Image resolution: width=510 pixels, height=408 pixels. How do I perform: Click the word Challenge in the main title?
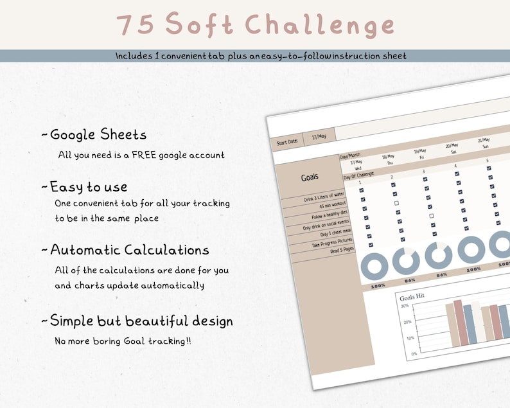click(x=320, y=25)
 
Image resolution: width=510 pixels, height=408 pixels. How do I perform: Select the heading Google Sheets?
click(x=98, y=134)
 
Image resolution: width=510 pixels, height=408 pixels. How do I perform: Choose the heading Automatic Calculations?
click(x=129, y=250)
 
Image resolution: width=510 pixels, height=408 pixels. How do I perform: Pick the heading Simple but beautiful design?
click(x=141, y=321)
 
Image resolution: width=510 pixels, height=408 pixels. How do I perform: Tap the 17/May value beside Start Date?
click(x=319, y=137)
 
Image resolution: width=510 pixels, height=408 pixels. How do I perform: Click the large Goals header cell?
click(x=310, y=177)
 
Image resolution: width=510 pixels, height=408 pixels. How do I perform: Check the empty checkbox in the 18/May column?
click(x=396, y=203)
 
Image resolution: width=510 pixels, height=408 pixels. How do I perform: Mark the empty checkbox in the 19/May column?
click(x=432, y=216)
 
